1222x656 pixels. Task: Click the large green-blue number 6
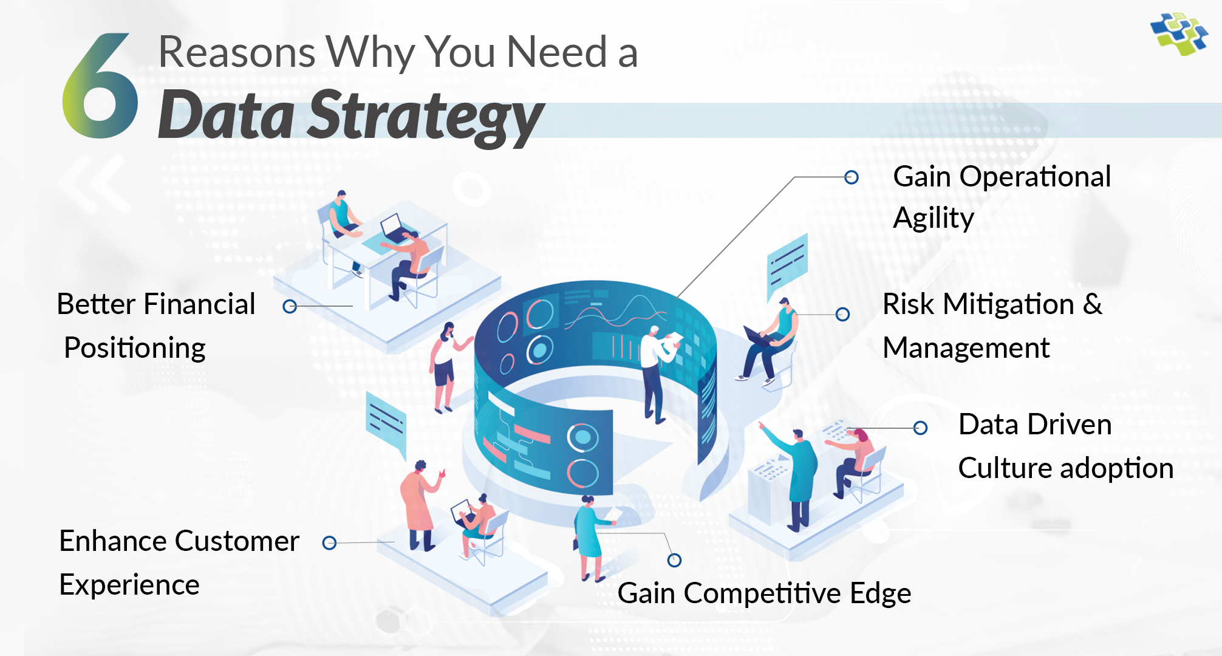pos(100,88)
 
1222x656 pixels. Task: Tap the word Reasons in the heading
pos(237,52)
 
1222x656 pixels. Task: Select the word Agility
pos(934,218)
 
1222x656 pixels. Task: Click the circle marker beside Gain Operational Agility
pos(852,177)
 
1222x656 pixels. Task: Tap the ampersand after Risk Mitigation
pos(1092,304)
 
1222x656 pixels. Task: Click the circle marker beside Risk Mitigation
pos(842,314)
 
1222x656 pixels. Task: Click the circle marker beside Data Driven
pos(920,428)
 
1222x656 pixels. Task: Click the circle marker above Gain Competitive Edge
pos(674,560)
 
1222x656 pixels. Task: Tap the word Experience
pos(129,585)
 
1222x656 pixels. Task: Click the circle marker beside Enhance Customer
pos(329,542)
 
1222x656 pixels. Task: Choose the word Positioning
pos(135,348)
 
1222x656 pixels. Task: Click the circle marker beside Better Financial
pos(290,306)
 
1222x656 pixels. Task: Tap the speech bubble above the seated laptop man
pos(788,265)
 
